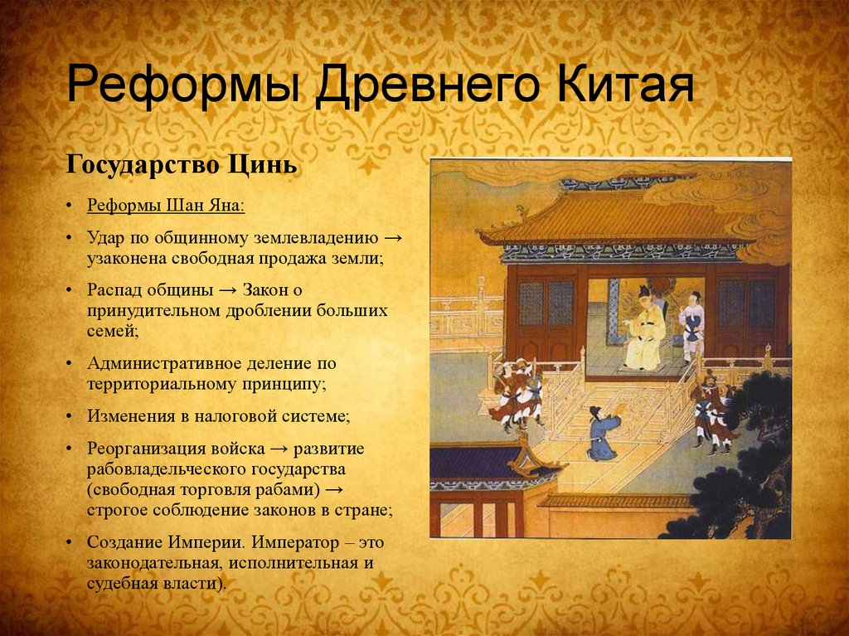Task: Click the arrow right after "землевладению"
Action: click(x=394, y=238)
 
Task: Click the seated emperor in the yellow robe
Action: click(x=646, y=332)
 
